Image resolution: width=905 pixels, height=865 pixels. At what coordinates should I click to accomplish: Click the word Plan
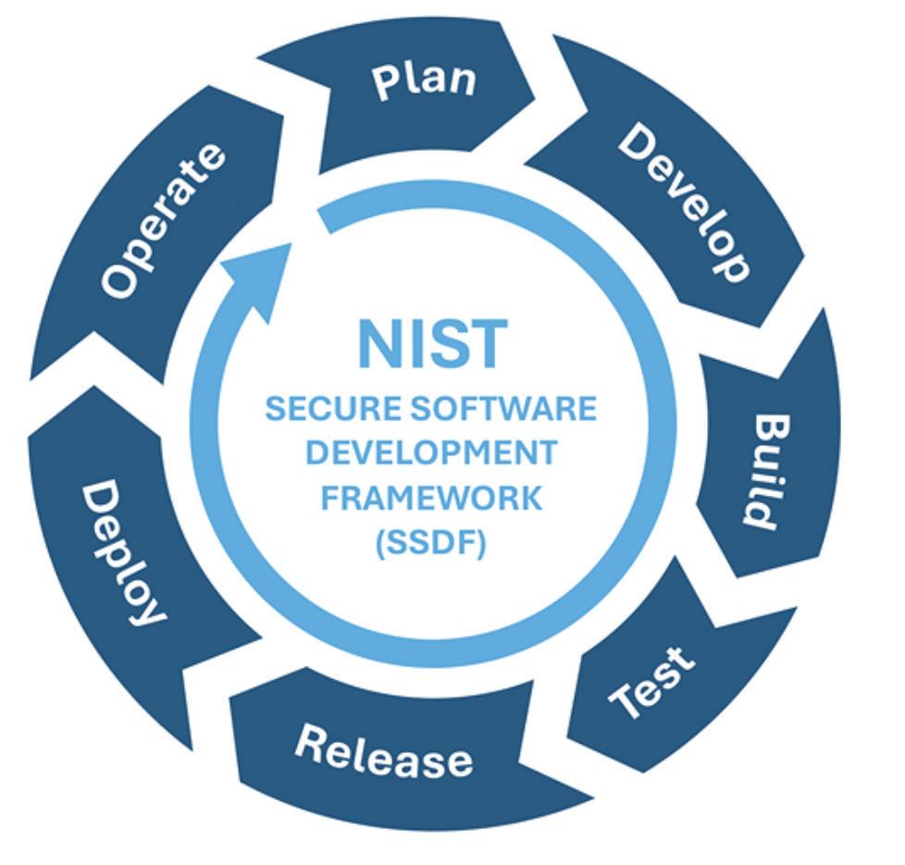(x=425, y=80)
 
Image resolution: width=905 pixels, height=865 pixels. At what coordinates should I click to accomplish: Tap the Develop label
(x=683, y=202)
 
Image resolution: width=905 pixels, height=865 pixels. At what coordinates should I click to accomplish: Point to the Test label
(x=654, y=683)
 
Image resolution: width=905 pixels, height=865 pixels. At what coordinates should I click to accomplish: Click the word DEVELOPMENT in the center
(x=431, y=453)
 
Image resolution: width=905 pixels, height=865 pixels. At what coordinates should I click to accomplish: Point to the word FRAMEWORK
(x=431, y=498)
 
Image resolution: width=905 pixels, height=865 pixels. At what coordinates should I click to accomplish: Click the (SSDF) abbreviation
(x=431, y=543)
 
